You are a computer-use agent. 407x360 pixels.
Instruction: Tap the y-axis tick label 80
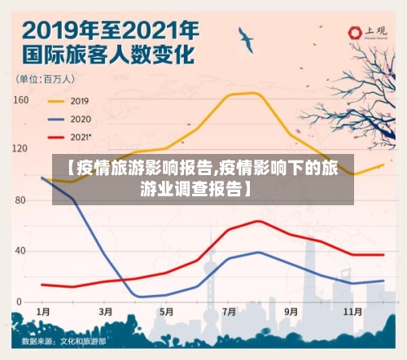pyautogui.click(x=22, y=200)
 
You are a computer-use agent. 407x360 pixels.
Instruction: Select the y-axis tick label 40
pyautogui.click(x=22, y=251)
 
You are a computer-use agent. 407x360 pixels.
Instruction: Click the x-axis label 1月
pyautogui.click(x=43, y=312)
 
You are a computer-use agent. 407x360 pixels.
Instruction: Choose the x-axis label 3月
pyautogui.click(x=105, y=312)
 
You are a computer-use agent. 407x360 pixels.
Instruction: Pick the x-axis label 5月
pyautogui.click(x=167, y=312)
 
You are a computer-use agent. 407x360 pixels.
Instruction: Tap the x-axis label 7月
pyautogui.click(x=229, y=312)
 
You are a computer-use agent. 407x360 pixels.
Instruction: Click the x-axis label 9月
pyautogui.click(x=291, y=312)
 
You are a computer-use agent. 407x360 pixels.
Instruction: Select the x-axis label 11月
pyautogui.click(x=352, y=312)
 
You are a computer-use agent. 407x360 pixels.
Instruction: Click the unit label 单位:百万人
pyautogui.click(x=46, y=79)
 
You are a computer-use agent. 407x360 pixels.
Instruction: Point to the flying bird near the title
pyautogui.click(x=245, y=37)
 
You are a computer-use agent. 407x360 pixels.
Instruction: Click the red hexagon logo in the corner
pyautogui.click(x=355, y=33)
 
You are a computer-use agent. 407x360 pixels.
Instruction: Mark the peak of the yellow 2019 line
pyautogui.click(x=259, y=93)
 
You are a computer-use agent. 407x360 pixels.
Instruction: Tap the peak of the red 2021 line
pyautogui.click(x=259, y=221)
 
